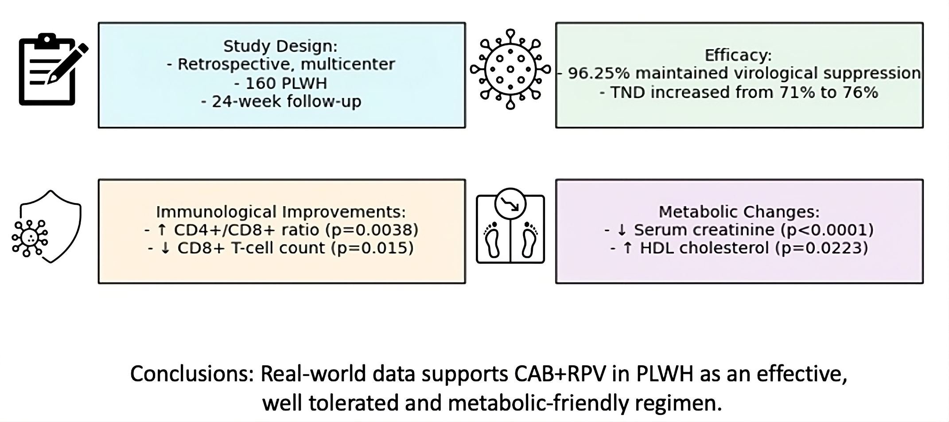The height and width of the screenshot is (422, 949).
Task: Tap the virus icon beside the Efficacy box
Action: [x=510, y=70]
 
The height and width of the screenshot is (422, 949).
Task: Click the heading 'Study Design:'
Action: [x=280, y=46]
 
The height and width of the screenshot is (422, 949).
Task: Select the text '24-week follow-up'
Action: [x=286, y=102]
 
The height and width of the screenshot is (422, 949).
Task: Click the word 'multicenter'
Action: [x=347, y=65]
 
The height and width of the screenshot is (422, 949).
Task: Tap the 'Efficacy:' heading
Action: [x=738, y=55]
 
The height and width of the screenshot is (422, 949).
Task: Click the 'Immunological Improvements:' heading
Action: [x=281, y=211]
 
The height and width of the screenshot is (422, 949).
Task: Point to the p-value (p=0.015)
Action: [x=372, y=248]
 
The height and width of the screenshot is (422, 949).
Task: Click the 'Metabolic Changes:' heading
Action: [x=739, y=211]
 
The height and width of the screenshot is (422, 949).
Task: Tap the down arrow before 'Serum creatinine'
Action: [x=622, y=230]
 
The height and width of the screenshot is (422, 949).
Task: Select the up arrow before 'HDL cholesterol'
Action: [x=627, y=248]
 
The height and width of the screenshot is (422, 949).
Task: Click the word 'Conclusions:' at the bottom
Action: [x=191, y=374]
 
